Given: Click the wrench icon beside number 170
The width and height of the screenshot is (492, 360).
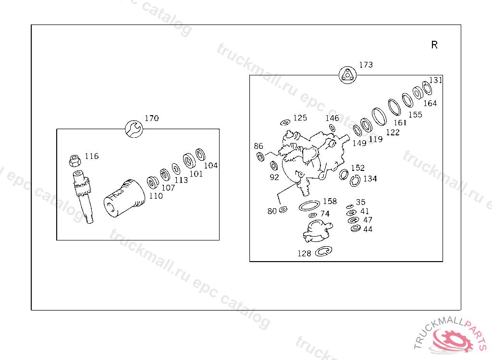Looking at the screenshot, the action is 134,129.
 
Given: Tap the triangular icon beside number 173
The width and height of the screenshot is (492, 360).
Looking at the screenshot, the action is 348,75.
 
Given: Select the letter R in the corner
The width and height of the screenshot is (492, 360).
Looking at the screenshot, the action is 434,45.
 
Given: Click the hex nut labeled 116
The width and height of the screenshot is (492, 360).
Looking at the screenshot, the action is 74,160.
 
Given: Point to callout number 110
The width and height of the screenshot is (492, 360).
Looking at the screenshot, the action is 156,196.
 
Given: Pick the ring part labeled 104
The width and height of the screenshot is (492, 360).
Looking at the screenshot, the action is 200,155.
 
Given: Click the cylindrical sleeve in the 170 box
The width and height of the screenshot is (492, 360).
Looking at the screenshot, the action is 124,198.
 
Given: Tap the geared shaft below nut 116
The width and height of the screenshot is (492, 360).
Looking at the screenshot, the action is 83,196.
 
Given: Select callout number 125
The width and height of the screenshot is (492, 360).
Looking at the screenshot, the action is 300,118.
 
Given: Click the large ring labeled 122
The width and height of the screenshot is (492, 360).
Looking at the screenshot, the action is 379,117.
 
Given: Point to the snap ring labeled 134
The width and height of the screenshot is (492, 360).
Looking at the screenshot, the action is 355,181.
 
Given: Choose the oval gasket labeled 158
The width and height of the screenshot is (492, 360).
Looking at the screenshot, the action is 309,206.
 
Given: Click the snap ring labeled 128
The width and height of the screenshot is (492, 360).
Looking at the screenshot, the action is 323,251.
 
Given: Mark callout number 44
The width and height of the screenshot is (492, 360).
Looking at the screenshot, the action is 368,229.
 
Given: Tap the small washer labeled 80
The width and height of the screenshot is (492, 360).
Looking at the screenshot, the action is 283,209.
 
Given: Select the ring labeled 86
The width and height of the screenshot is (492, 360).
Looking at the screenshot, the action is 260,156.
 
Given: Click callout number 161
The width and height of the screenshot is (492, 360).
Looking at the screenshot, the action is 400,122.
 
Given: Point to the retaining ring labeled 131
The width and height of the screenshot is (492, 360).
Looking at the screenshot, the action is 427,88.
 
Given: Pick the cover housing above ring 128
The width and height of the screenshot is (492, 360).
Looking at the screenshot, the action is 317,230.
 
